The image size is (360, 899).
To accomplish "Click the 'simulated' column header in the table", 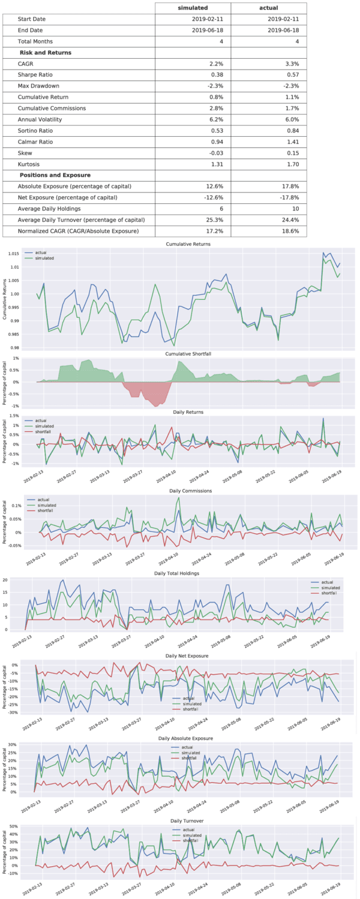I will (x=193, y=8).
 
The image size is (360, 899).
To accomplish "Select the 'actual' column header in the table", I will (x=268, y=8).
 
